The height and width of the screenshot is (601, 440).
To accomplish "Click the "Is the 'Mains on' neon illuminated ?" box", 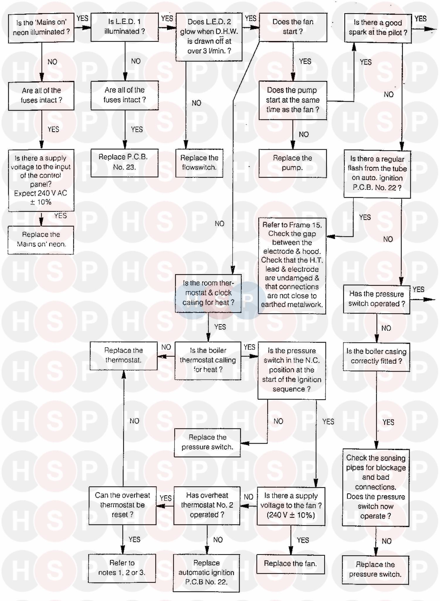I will click(41, 28).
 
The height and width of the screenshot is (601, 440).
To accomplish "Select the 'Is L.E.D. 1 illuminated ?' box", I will click(125, 27).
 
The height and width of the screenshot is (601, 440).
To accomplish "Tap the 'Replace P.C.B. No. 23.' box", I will click(124, 162).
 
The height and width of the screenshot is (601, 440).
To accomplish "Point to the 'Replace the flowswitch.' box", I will click(199, 163).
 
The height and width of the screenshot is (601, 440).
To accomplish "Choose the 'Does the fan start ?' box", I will click(293, 27).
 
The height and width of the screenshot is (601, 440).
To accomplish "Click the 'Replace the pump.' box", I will click(292, 163).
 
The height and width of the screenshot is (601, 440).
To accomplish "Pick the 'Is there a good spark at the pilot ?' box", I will click(378, 28).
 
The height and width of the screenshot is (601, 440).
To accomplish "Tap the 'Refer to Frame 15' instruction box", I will click(292, 265).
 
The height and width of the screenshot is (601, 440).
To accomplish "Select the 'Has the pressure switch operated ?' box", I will click(377, 299).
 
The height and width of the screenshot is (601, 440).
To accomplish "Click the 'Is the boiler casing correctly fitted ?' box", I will click(376, 356).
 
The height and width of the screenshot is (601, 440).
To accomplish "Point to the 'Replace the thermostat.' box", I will click(123, 355).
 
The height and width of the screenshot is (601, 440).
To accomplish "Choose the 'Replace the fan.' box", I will click(290, 564).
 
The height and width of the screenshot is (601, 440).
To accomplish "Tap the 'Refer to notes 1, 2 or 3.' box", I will click(122, 568).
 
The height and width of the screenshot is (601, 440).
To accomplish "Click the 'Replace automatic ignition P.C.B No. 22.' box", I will click(206, 573).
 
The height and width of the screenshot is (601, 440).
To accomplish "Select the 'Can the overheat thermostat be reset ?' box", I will click(123, 505).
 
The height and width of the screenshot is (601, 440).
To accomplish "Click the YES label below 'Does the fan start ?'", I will click(305, 61).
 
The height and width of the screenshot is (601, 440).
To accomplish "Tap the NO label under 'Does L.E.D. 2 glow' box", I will click(197, 103).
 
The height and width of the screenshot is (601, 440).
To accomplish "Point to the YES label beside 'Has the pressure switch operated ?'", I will click(418, 290).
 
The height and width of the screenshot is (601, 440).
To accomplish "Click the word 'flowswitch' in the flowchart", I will click(199, 167).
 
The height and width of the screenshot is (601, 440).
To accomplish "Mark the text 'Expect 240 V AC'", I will click(40, 193).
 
